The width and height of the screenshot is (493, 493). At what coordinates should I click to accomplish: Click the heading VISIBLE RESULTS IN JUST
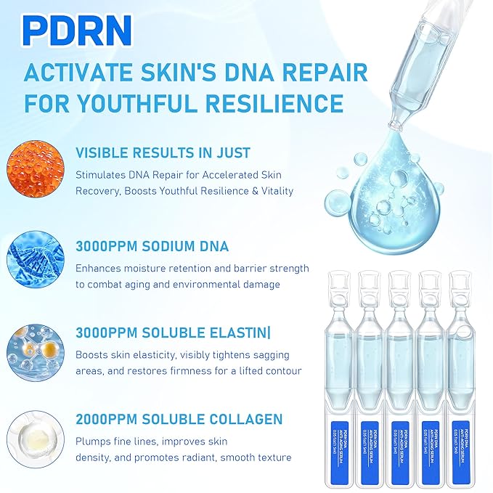tap(163, 153)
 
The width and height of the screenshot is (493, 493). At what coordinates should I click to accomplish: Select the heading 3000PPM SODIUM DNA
tap(152, 246)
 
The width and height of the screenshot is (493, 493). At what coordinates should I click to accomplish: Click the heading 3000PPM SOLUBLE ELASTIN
tap(171, 333)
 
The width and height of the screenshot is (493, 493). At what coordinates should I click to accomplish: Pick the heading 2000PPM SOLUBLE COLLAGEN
tap(179, 420)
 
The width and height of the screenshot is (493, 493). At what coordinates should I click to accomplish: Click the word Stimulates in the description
tap(99, 175)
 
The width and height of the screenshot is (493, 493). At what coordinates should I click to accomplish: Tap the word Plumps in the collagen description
tap(92, 442)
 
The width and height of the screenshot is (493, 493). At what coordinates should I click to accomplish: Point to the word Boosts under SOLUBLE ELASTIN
tap(92, 355)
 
